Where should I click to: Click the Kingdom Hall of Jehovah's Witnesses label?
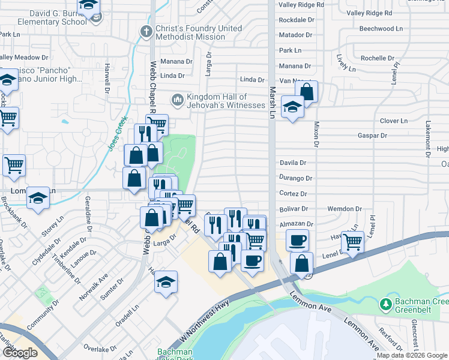(x=225, y=101)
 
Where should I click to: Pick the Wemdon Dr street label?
(x=345, y=209)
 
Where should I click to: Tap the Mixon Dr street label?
(x=315, y=134)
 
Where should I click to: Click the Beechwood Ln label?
(x=381, y=28)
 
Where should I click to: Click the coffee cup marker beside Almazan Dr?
(x=297, y=241)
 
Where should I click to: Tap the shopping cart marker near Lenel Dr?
(x=352, y=242)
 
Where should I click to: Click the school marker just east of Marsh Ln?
(x=292, y=107)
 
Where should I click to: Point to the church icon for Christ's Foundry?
(x=145, y=31)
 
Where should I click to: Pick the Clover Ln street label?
(x=393, y=121)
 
